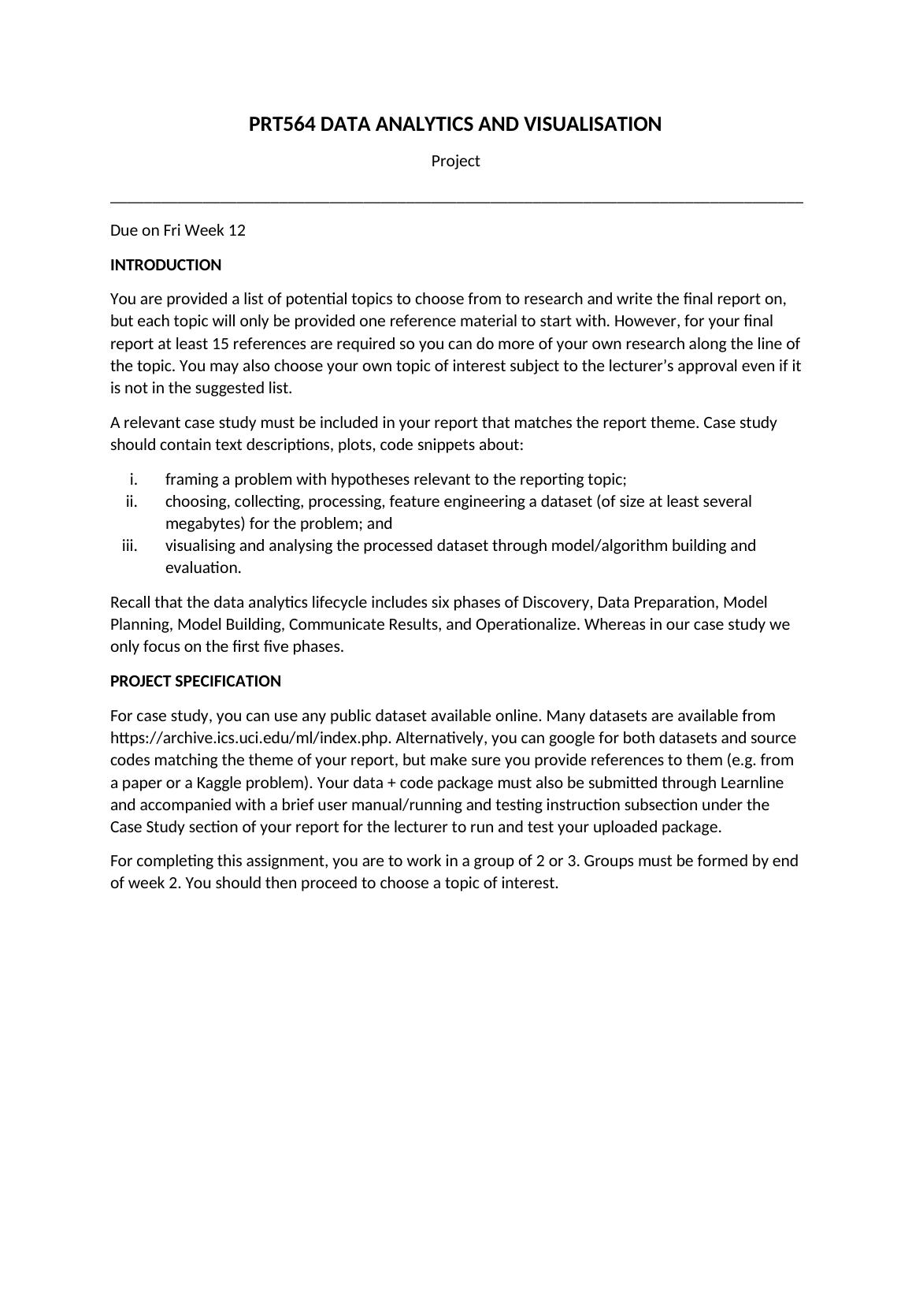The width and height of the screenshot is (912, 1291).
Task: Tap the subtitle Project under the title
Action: pos(455,162)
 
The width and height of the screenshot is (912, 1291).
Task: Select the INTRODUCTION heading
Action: pos(165,266)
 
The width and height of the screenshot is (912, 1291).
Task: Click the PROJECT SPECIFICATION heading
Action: pos(195,682)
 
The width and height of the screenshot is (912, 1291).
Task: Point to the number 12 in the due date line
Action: pos(236,231)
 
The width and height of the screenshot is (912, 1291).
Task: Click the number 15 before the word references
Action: pos(221,344)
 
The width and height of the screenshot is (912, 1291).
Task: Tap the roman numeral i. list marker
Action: pos(133,480)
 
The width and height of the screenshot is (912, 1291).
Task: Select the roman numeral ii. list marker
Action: pos(132,502)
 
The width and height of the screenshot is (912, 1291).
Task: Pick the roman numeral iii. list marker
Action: pos(130,546)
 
